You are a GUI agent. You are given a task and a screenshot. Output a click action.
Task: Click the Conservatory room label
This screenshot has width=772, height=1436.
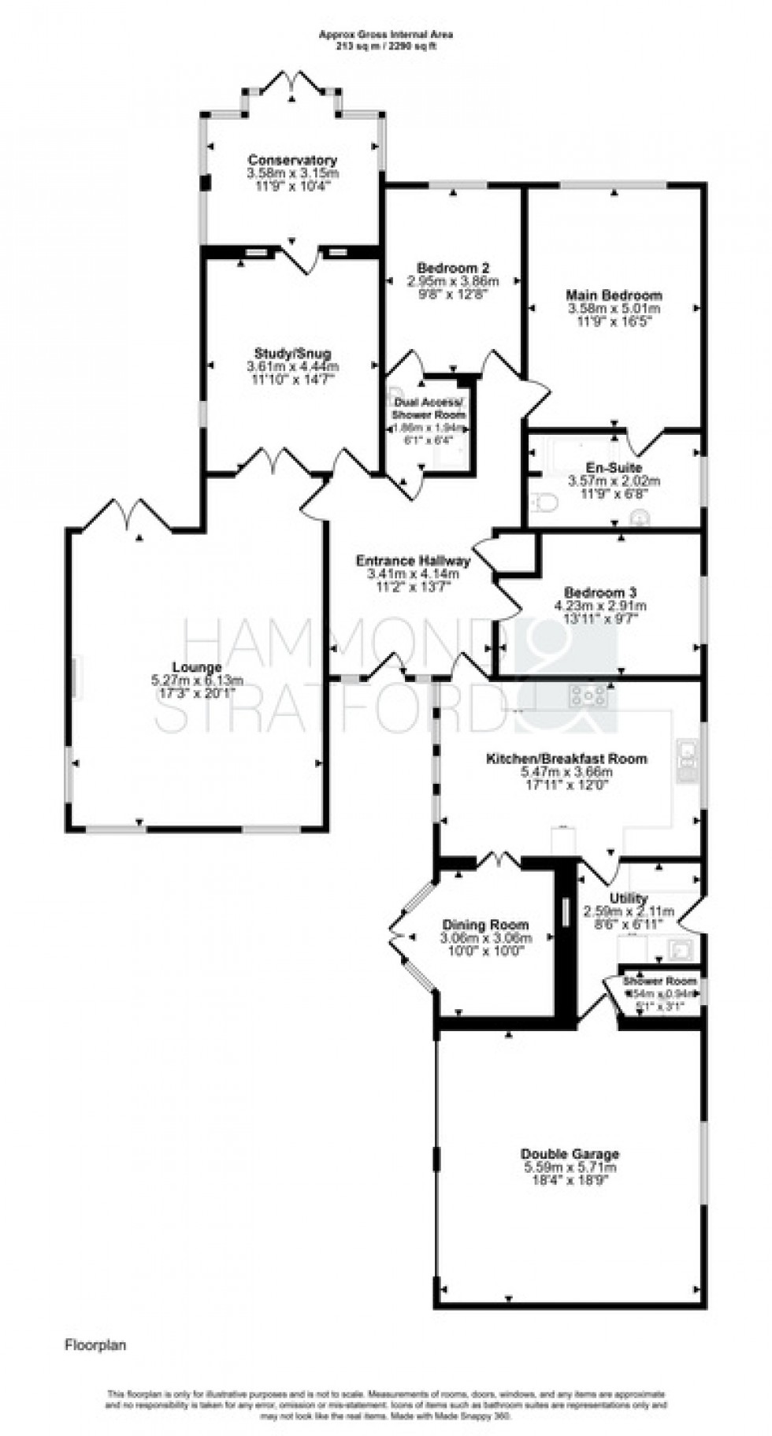pos(292,160)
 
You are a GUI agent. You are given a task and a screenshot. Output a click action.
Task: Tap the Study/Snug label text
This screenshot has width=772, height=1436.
pos(292,353)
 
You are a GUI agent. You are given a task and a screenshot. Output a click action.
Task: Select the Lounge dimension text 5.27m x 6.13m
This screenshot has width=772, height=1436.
pos(197,680)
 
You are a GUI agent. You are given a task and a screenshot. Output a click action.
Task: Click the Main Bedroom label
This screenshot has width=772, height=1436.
pos(614,295)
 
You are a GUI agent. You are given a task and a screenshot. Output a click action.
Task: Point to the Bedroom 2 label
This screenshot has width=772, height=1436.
pos(453,267)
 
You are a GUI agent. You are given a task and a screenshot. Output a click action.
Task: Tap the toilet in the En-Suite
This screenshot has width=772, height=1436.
pos(545,502)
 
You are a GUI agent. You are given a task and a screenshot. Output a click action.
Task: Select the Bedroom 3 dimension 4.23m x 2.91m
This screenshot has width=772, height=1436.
pos(600,606)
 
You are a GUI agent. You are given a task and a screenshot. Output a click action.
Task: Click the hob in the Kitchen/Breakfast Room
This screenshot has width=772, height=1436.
pos(589,695)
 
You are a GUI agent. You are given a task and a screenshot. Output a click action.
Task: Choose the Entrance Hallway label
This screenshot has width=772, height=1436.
pos(413,561)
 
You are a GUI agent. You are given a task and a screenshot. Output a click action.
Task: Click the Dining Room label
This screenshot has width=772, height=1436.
pos(485,925)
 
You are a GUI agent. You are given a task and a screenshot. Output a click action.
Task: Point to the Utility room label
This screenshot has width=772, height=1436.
pos(628,898)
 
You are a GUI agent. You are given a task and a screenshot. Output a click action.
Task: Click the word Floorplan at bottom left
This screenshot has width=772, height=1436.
pos(95,1345)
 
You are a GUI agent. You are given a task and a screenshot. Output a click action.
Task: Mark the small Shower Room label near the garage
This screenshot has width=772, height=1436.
pos(660,981)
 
